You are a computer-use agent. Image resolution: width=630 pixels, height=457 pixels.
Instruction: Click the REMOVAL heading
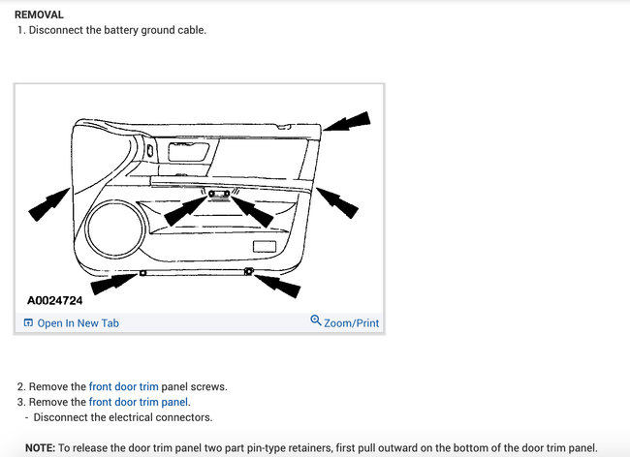(39, 15)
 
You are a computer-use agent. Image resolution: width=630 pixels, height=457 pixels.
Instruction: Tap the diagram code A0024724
(54, 300)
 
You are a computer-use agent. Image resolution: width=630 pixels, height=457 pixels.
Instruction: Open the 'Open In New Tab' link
(78, 323)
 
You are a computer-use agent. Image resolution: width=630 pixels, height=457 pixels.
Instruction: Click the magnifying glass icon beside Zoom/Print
(316, 321)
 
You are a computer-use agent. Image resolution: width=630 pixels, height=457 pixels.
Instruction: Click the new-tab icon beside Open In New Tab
(28, 323)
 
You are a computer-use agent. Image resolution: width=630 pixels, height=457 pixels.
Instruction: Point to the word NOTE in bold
(39, 448)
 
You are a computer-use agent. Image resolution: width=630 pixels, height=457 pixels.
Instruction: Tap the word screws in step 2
(210, 386)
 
